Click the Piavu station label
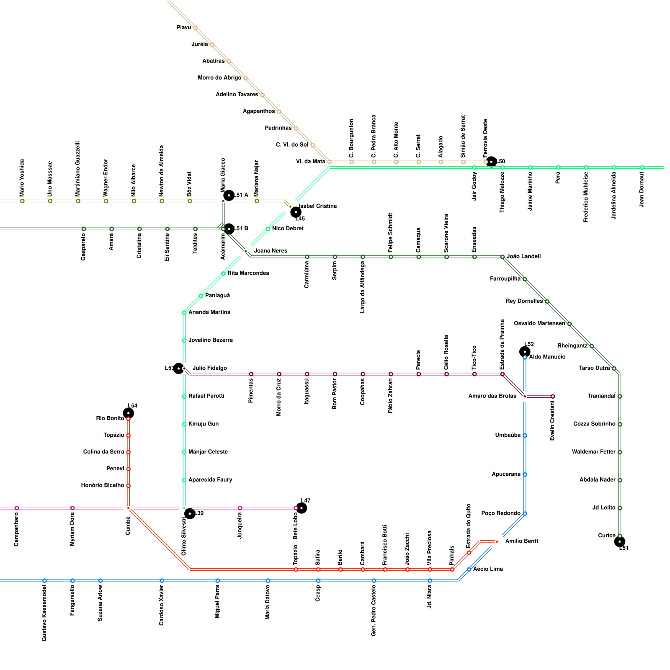(x=183, y=28)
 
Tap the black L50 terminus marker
(x=491, y=162)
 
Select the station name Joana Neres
(x=271, y=251)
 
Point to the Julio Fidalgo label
(x=209, y=368)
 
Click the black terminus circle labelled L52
(x=525, y=352)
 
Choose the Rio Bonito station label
(x=110, y=418)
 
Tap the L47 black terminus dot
(x=301, y=508)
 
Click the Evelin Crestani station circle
(x=553, y=396)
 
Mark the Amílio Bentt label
(x=521, y=541)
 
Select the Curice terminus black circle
(x=620, y=541)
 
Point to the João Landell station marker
(x=502, y=257)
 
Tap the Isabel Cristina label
(x=317, y=206)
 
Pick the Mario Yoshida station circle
(x=22, y=201)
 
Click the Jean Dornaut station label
(x=642, y=189)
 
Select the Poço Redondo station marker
(x=525, y=513)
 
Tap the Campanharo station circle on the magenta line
(x=17, y=508)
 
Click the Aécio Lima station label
(x=488, y=569)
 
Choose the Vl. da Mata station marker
(x=329, y=162)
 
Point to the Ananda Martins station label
(x=209, y=312)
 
